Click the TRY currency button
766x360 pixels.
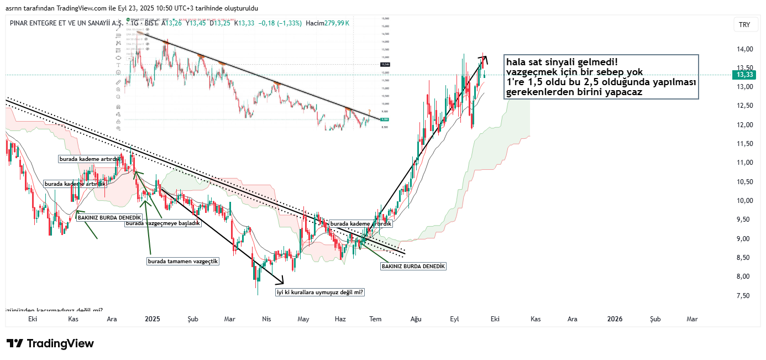(744, 25)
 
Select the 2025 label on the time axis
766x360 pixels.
(152, 319)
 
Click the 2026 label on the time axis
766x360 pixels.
(615, 319)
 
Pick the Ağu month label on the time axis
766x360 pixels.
(416, 319)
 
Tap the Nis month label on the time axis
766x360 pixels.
(267, 319)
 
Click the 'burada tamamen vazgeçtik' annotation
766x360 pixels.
(183, 261)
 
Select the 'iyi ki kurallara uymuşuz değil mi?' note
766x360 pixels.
(321, 293)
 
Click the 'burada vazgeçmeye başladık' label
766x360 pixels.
(162, 223)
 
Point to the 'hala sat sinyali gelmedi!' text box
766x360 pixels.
(601, 77)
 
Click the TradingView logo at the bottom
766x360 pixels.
(50, 343)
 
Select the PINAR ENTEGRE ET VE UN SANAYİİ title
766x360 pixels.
(66, 23)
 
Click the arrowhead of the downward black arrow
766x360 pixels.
(280, 280)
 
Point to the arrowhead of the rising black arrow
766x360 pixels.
(484, 57)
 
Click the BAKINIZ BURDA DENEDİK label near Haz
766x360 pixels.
(413, 266)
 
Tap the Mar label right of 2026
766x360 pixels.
(692, 319)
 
